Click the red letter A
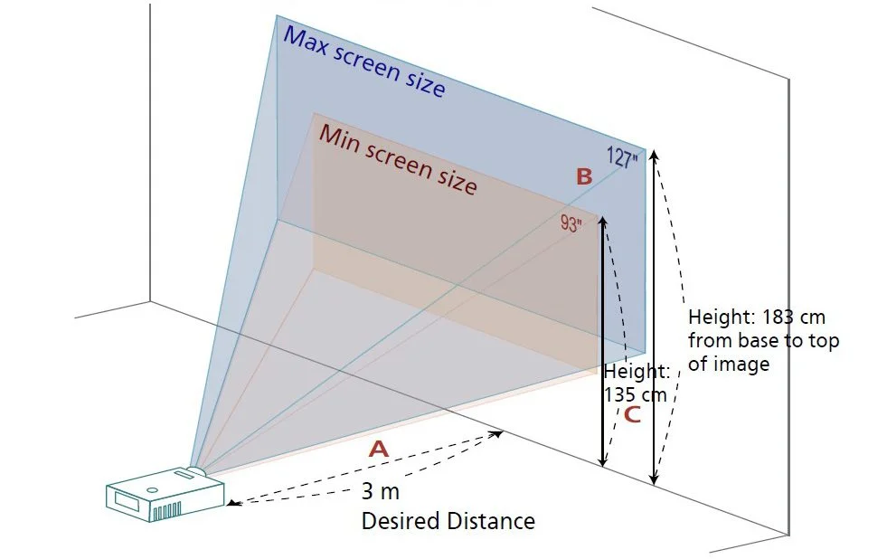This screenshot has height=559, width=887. click(x=378, y=449)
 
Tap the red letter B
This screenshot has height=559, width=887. click(x=584, y=177)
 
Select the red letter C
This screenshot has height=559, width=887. click(x=632, y=415)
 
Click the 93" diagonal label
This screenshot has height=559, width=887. click(x=571, y=223)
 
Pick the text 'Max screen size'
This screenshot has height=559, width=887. click(x=364, y=62)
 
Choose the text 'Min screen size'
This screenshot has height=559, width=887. click(x=398, y=159)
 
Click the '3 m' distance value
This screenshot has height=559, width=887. click(x=380, y=492)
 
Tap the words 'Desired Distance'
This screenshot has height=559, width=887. click(x=448, y=521)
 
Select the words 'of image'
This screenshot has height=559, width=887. click(x=729, y=365)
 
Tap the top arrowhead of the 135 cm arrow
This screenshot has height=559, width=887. click(x=603, y=221)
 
